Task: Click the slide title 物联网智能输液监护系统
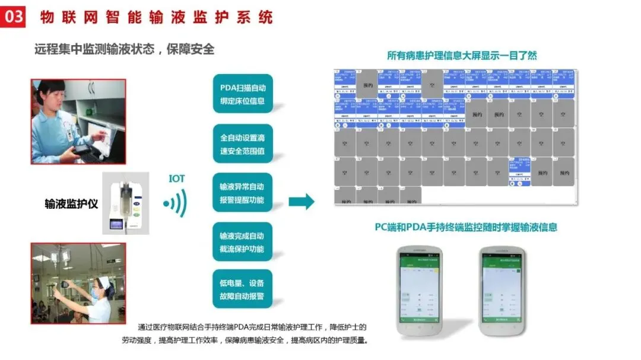pos(156,17)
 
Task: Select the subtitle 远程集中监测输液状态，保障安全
pos(124,49)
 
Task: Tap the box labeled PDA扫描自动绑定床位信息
pos(242,94)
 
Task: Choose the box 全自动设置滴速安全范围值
pos(242,143)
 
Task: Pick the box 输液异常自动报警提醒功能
pos(242,193)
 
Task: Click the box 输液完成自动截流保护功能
pos(242,242)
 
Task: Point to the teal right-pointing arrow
pos(302,201)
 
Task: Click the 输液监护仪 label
pos(71,204)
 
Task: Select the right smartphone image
pos(502,291)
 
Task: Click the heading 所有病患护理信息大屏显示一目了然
pos(462,56)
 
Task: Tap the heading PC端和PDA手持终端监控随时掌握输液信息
pos(465,227)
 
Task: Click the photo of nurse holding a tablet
pos(78,121)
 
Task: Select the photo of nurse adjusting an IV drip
pos(78,283)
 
